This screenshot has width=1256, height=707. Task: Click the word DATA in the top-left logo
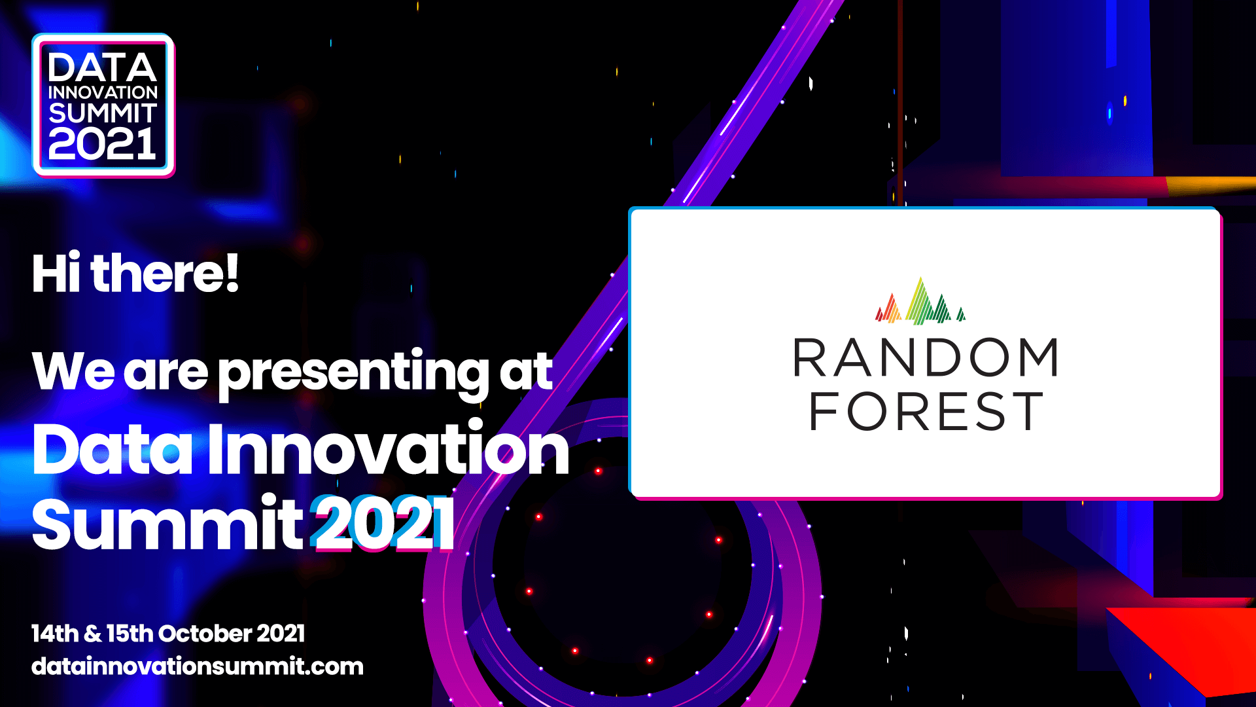pyautogui.click(x=102, y=67)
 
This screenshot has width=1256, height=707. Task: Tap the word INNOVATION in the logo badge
pyautogui.click(x=103, y=92)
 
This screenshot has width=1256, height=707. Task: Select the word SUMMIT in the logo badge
pyautogui.click(x=103, y=113)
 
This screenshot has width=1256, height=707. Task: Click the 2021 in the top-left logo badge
pyautogui.click(x=102, y=144)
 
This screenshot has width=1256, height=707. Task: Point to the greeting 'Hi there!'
pyautogui.click(x=135, y=273)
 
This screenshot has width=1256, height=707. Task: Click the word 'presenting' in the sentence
pyautogui.click(x=353, y=372)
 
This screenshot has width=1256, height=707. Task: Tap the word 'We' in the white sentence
pyautogui.click(x=73, y=371)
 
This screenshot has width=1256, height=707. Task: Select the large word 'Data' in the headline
pyautogui.click(x=113, y=450)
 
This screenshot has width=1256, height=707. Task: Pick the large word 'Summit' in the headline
pyautogui.click(x=167, y=524)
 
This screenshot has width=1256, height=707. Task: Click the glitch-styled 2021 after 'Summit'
pyautogui.click(x=382, y=524)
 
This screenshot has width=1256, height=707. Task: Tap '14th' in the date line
pyautogui.click(x=55, y=634)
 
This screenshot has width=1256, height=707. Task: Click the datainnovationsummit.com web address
pyautogui.click(x=197, y=666)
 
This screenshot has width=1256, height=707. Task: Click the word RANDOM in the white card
pyautogui.click(x=925, y=358)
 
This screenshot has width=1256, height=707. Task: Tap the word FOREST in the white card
pyautogui.click(x=926, y=412)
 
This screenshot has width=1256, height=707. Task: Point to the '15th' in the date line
pyautogui.click(x=130, y=634)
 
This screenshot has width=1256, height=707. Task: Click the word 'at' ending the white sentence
pyautogui.click(x=526, y=372)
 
